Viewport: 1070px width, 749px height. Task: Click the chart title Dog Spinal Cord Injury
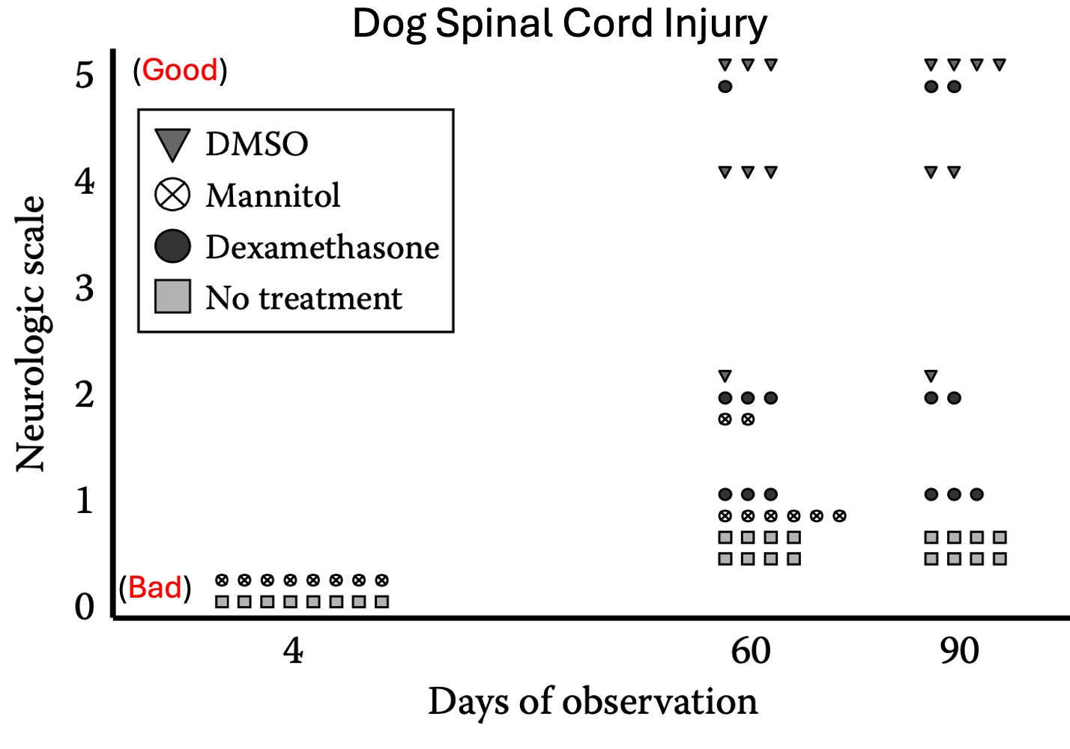(560, 23)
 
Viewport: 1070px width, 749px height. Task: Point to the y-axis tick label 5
(85, 75)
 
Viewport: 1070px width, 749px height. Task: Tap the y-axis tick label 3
(85, 288)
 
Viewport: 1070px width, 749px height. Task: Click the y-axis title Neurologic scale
(31, 334)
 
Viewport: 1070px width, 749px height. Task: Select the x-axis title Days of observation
(593, 702)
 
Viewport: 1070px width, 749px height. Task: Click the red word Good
(180, 70)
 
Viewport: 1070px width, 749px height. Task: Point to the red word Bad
(155, 588)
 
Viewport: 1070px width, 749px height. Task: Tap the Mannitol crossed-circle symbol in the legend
(172, 195)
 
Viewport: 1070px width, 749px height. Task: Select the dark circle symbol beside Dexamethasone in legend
(172, 246)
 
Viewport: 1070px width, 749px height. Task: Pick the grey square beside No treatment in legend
(172, 297)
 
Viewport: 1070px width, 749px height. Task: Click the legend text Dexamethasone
(322, 247)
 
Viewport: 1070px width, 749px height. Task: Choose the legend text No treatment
(303, 298)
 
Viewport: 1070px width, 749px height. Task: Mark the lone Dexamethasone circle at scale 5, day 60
(725, 86)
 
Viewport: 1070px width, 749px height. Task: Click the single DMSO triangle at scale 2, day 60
(725, 376)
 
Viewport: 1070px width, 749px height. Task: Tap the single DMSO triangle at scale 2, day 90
(931, 376)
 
